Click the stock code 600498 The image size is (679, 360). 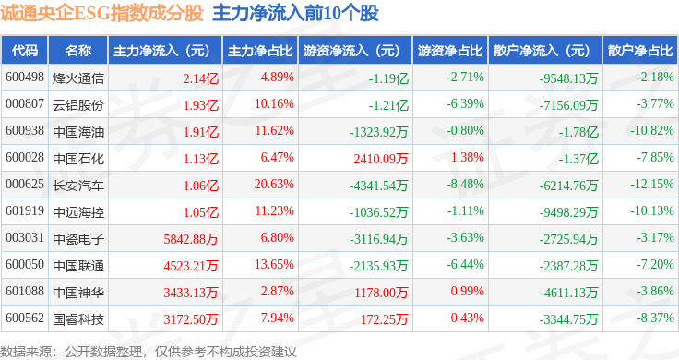(x=25, y=78)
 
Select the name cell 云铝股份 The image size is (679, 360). (x=78, y=105)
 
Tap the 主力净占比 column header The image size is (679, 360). (x=260, y=51)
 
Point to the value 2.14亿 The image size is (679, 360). (x=200, y=78)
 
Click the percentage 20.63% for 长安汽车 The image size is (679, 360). (x=274, y=184)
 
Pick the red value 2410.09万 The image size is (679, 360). (x=381, y=159)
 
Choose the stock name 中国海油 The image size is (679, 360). (x=78, y=132)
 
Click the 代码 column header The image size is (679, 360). (x=25, y=51)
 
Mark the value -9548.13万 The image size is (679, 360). (x=568, y=78)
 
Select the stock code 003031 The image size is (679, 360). (x=25, y=237)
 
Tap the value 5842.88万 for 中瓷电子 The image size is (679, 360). (x=191, y=239)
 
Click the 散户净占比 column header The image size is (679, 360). (x=640, y=51)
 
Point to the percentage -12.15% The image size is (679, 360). (x=652, y=184)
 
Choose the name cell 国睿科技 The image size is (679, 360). (x=78, y=319)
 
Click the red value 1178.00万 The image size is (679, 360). (x=381, y=293)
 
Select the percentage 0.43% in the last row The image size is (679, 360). (x=467, y=318)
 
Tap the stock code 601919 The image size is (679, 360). (x=25, y=211)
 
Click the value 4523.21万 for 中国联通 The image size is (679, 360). (x=191, y=266)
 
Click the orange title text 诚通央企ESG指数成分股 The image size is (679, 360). (x=101, y=13)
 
